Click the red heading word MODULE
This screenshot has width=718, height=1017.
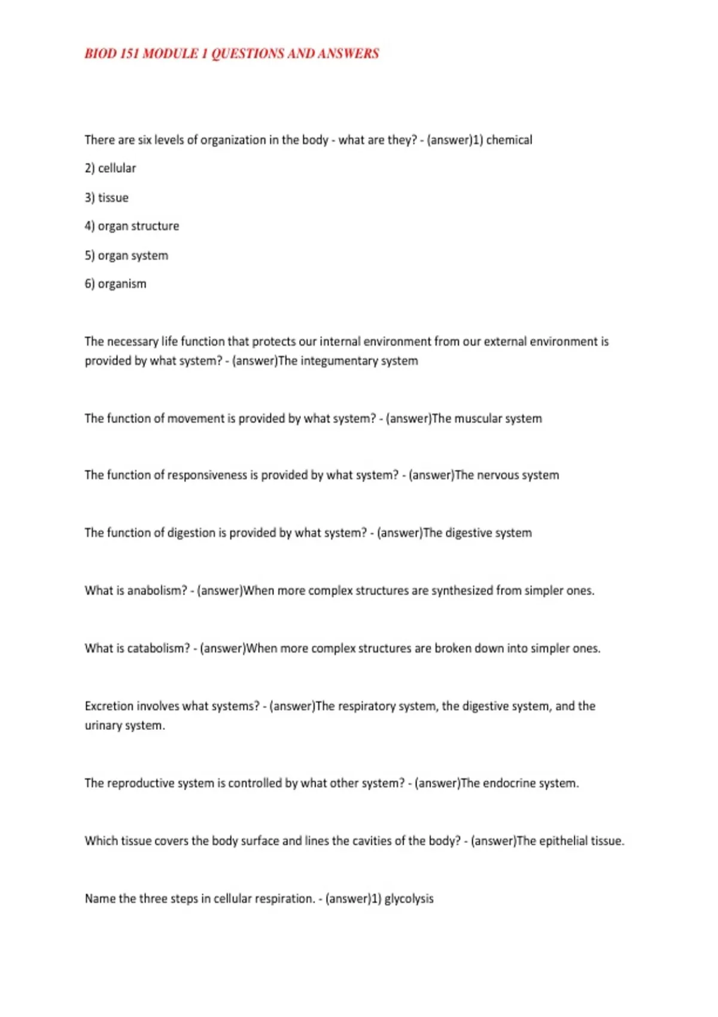pos(171,54)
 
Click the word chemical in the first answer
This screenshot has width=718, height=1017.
pos(509,140)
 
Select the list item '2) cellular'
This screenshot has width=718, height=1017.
pos(111,169)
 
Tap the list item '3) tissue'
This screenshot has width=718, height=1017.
pos(107,198)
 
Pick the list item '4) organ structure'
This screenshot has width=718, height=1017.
pos(132,226)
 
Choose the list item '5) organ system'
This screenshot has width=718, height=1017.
pos(126,255)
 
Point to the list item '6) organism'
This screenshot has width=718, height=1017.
pos(115,284)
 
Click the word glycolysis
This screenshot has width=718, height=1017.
pos(409,899)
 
